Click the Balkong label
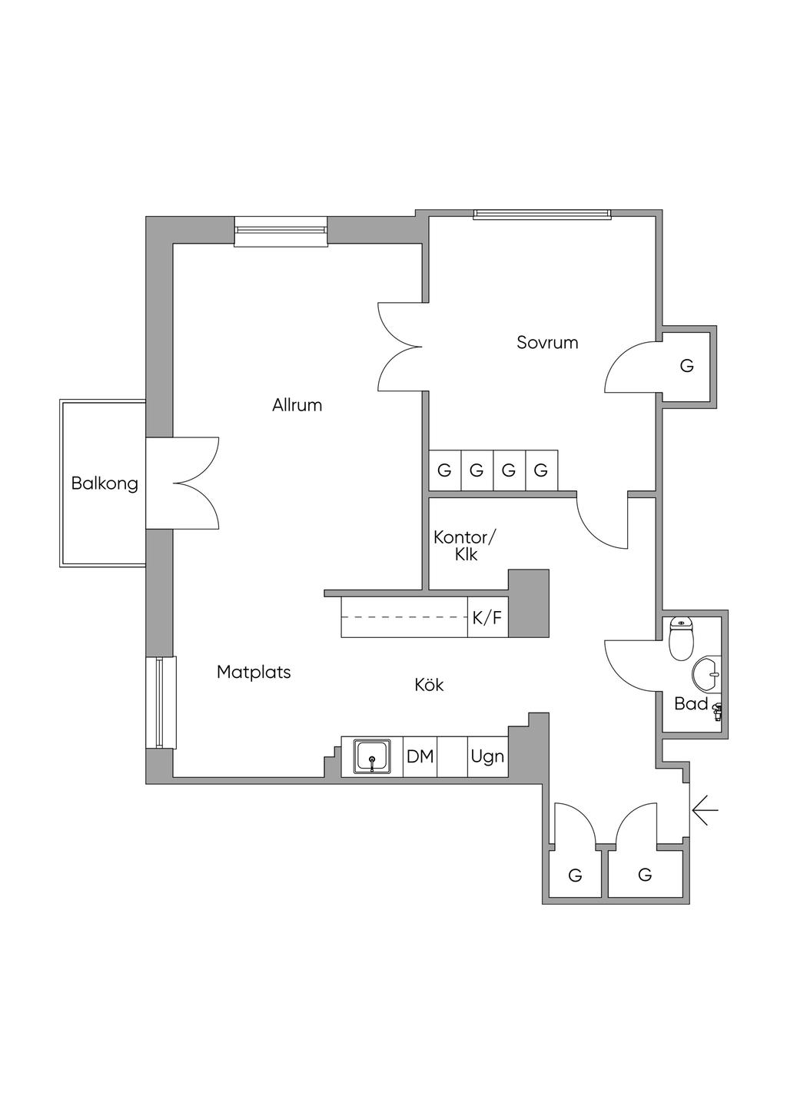105,483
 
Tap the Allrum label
297,405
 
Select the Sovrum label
547,343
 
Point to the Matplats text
254,673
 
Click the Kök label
429,684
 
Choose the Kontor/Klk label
466,545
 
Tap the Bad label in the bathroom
690,703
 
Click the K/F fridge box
487,616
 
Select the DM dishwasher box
420,756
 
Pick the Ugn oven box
487,756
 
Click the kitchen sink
372,756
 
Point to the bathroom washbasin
707,675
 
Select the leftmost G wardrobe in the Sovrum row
444,470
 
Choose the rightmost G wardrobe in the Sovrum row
541,470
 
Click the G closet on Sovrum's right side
687,366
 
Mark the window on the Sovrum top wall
542,214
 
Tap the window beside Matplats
161,702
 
